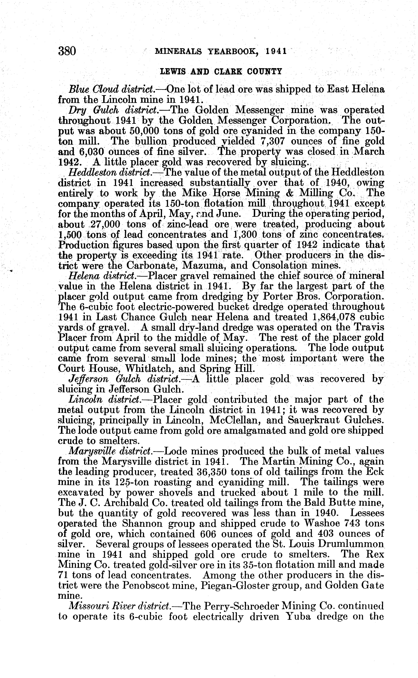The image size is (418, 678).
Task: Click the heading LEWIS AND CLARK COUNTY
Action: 221,72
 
